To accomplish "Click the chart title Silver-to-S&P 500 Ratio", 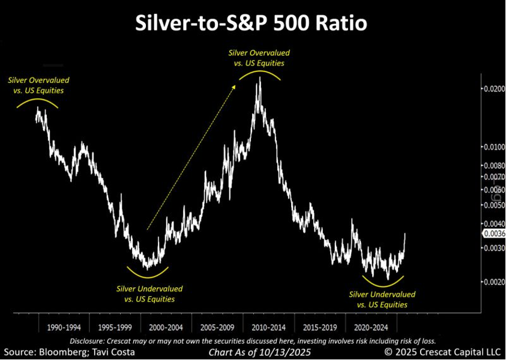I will point(253,23).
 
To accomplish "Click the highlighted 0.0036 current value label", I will point(494,233).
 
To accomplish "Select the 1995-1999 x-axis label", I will point(115,328).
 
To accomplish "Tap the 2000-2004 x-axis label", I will point(166,328).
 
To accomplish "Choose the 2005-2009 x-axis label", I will point(217,328).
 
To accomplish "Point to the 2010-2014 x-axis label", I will point(268,328).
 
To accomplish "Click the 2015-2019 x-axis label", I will point(320,328).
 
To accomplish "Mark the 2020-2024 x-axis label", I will point(371,328).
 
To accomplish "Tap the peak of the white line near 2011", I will point(259,78).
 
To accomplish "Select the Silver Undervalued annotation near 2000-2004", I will point(149,293).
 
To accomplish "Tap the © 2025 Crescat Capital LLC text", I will point(442,352).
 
